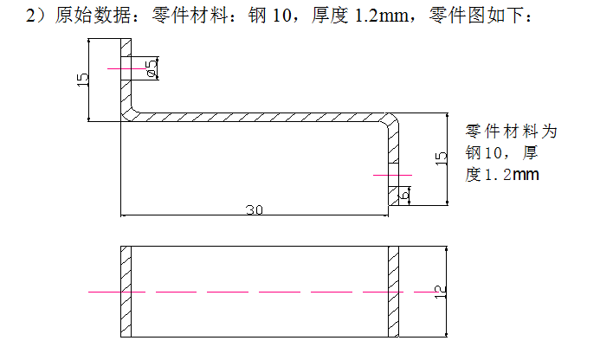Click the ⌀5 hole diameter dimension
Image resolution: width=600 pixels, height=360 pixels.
(x=152, y=69)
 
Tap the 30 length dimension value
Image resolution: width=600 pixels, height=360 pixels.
(x=255, y=209)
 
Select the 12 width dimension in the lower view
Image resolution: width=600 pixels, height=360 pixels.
(x=440, y=292)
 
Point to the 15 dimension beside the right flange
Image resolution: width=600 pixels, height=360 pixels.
(x=441, y=157)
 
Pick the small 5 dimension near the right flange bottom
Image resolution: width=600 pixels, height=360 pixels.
(x=405, y=195)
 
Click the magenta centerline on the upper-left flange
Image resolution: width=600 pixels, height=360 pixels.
(x=121, y=68)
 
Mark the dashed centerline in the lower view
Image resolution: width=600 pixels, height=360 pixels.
(x=260, y=292)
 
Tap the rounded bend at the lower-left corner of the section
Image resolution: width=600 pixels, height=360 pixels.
(x=130, y=112)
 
